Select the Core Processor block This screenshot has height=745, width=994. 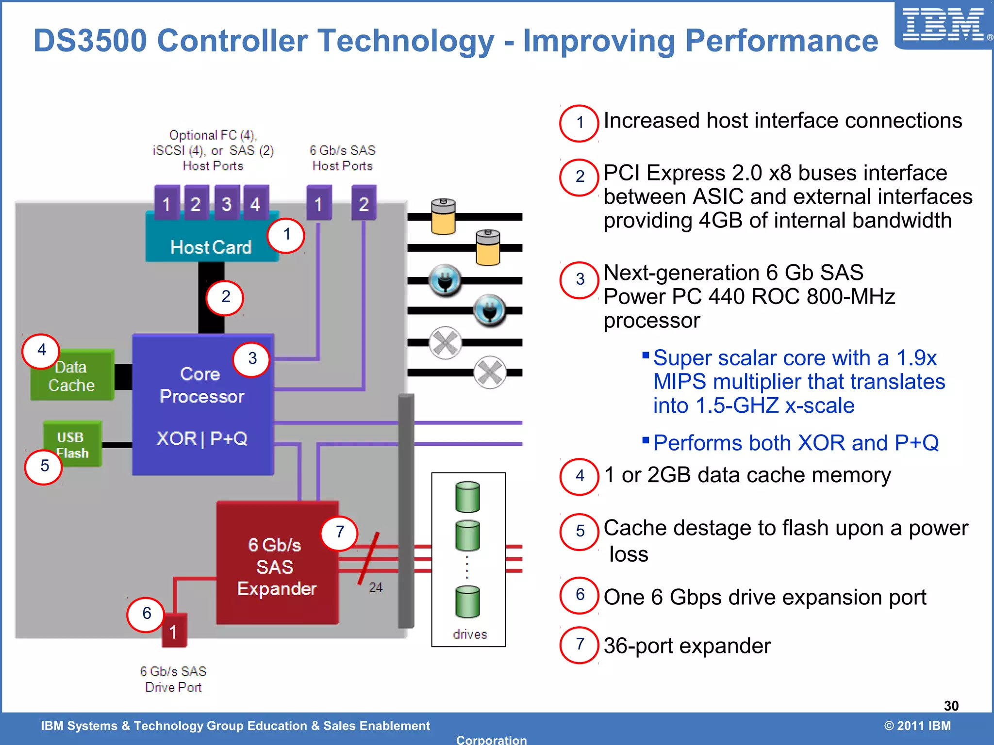coord(202,404)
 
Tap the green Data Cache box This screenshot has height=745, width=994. coord(72,376)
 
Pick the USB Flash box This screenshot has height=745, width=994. coord(73,444)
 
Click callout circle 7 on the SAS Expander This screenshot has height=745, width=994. coord(340,532)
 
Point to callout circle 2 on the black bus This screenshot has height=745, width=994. coord(225,297)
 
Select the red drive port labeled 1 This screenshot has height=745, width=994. coord(173,631)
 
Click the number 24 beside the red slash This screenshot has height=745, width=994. coord(376,588)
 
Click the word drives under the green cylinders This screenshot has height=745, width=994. coord(469,634)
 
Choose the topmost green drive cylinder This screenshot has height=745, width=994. coord(467,497)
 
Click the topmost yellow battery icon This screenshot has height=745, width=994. coord(443,216)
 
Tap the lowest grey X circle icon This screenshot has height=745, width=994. coord(490,372)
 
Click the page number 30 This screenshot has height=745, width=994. coord(951,706)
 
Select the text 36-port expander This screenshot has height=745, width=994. coord(687,646)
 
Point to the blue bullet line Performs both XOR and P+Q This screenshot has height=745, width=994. coord(795,443)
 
